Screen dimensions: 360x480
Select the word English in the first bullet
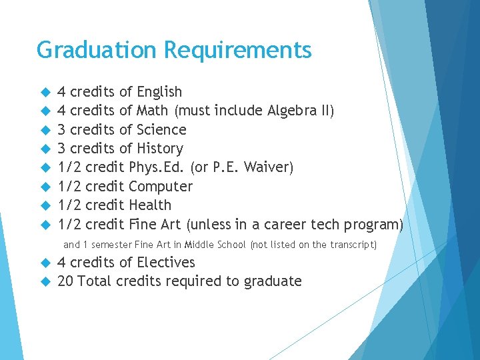[159, 92]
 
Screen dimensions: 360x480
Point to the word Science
[161, 129]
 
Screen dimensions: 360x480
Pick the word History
[160, 149]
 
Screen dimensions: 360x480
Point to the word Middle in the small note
[200, 245]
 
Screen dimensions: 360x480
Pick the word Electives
[166, 263]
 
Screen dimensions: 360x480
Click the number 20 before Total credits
[65, 281]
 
